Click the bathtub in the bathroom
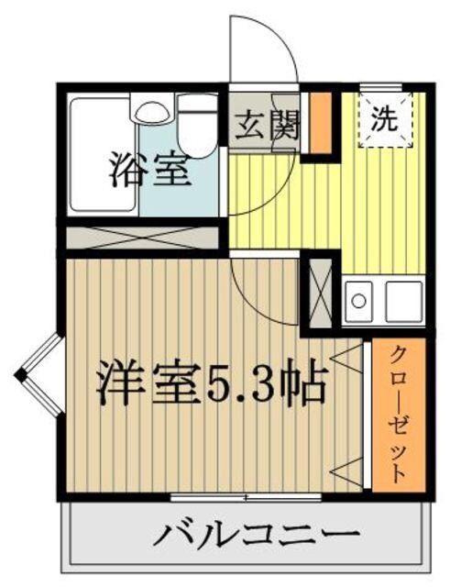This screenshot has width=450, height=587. pos(102,156)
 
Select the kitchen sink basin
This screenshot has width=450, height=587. pos(359,300)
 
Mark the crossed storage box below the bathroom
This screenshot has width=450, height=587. pos(141,238)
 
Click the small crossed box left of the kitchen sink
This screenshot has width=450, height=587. pos(320,293)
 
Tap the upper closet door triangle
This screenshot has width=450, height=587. pos(350,355)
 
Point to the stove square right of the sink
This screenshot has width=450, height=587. pos(403,300)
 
